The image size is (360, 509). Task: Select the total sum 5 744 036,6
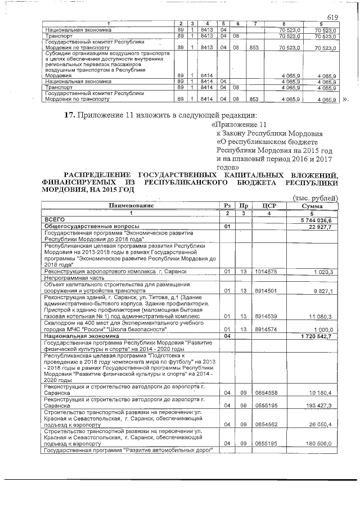319,220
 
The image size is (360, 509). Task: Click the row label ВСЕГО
55,220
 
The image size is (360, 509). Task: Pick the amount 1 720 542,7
318,336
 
